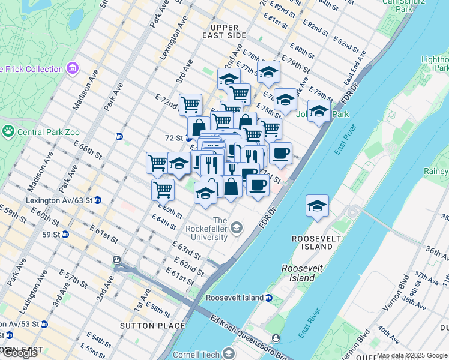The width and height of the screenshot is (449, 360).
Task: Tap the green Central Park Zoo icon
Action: pos(9,130)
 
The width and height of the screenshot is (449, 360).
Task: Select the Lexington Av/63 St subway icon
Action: pos(97,200)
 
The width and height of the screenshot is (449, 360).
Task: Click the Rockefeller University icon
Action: pos(237,227)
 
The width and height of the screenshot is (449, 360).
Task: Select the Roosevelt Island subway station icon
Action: pos(269,298)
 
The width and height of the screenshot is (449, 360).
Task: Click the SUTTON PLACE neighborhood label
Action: pos(152,326)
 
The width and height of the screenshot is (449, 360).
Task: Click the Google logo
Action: pos(19,353)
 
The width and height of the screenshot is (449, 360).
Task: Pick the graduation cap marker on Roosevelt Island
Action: pos(317,206)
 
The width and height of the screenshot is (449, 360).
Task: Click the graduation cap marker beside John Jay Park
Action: pos(319,111)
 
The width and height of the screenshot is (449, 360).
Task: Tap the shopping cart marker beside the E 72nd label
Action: pos(190,104)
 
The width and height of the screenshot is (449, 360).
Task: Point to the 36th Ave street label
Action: pos(436,253)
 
